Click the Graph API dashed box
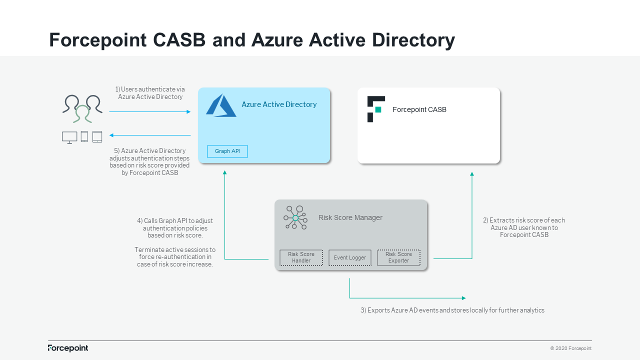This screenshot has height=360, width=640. [227, 151]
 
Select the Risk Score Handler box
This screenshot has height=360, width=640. [301, 257]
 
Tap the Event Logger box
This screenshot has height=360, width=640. [350, 257]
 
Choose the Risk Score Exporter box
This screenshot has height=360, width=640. [398, 257]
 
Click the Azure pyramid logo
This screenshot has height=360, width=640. [220, 105]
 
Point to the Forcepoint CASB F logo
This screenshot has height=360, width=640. [375, 109]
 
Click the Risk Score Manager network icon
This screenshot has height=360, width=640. [295, 217]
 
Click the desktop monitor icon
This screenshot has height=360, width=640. [69, 137]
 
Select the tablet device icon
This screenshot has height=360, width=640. [97, 136]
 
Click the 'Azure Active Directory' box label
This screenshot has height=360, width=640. [279, 104]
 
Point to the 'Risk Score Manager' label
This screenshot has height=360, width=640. [350, 217]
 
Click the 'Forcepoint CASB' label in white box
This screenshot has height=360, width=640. [419, 109]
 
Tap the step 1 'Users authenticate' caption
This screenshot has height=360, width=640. [150, 93]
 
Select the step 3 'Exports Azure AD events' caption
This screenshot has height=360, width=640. [452, 310]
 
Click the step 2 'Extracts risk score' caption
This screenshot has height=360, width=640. [523, 227]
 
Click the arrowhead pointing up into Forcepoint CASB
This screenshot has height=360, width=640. [471, 174]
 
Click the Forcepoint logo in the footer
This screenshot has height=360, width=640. [68, 348]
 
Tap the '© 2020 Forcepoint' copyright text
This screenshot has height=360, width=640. [570, 348]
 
